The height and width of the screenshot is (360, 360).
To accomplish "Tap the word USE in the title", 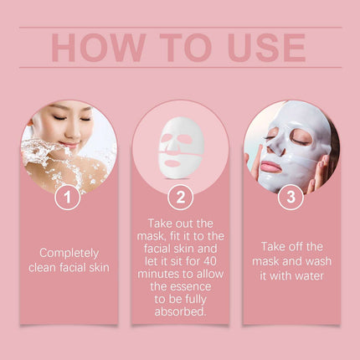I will (x=261, y=47).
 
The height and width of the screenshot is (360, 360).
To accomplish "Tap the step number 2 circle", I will (x=180, y=197).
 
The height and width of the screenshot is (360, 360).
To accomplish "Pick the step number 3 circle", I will (x=291, y=197).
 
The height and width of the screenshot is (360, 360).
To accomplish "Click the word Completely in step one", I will (x=69, y=253).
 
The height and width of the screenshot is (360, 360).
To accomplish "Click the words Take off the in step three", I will (x=291, y=246).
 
